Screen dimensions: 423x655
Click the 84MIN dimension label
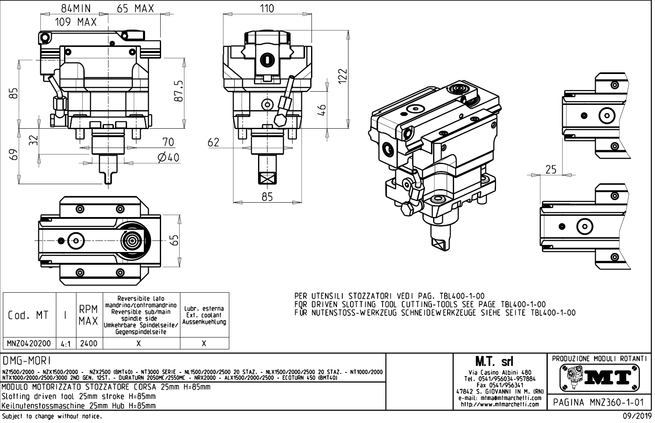click(x=76, y=8)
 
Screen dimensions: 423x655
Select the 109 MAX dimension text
click(x=76, y=22)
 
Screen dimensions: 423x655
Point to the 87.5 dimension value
click(x=178, y=92)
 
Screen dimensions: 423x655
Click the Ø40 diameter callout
click(x=168, y=157)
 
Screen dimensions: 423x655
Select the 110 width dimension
click(x=267, y=8)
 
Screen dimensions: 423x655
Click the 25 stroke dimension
click(x=551, y=169)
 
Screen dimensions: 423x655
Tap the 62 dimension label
click(x=214, y=143)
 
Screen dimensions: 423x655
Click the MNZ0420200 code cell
click(x=29, y=343)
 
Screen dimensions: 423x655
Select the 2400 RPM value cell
click(x=89, y=343)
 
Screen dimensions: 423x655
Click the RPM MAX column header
click(x=89, y=315)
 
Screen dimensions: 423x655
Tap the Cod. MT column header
click(x=28, y=315)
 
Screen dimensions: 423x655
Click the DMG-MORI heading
click(x=27, y=361)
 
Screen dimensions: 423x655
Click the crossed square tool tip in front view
click(x=267, y=179)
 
